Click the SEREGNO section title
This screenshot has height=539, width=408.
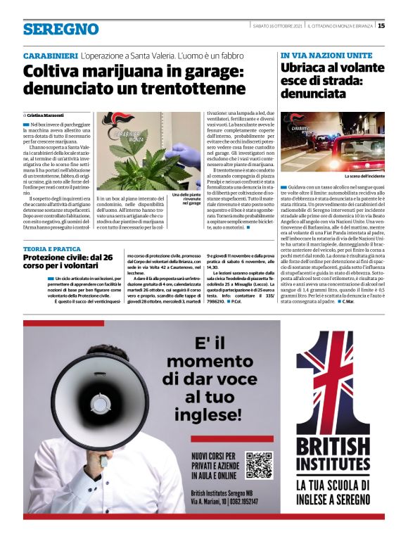(x=60, y=29)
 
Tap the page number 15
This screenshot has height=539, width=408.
(x=381, y=26)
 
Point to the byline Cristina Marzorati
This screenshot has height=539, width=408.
(x=45, y=115)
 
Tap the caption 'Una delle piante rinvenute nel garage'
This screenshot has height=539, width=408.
(x=186, y=198)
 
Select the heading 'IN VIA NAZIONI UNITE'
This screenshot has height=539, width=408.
(x=326, y=55)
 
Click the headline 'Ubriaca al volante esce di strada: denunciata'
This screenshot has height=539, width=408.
(x=331, y=80)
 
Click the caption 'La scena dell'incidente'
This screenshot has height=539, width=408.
(x=363, y=177)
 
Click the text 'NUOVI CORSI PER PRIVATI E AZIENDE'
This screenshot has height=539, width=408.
(x=217, y=465)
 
